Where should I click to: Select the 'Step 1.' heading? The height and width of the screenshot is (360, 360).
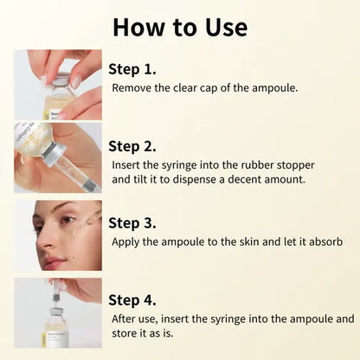133,69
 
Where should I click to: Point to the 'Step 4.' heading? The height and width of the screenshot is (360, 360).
133,300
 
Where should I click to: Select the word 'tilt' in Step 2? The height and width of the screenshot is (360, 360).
145,179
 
